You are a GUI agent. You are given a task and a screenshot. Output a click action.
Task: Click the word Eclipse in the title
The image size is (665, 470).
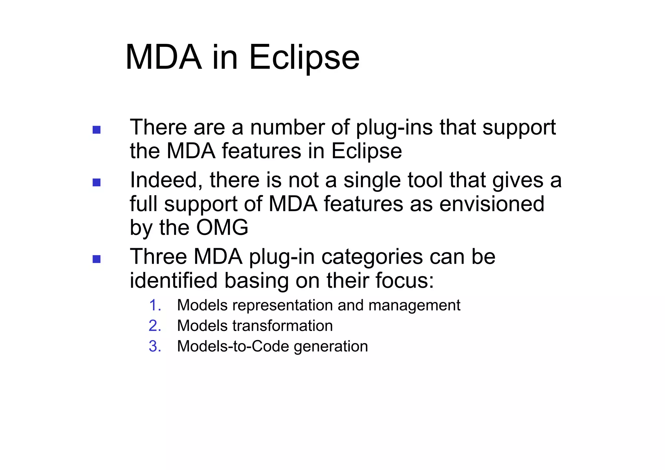pos(304,58)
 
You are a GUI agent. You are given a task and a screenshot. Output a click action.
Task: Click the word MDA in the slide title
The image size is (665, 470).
pos(163,58)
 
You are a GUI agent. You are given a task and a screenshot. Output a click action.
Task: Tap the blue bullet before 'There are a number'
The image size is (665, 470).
pos(96,130)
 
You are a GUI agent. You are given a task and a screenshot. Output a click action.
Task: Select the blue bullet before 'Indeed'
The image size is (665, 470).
pos(96,183)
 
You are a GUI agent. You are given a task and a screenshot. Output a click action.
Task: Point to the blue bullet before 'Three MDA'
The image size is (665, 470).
pos(96,259)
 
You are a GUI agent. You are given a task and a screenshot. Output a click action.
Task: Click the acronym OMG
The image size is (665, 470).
pos(222,227)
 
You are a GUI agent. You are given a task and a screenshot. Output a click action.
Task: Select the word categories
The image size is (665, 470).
pos(372,257)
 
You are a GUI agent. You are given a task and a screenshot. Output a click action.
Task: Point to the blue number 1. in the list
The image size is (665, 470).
pos(155,306)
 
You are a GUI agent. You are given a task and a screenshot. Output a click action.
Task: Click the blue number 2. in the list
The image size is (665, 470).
pos(155,326)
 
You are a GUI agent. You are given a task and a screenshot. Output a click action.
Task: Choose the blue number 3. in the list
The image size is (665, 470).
pos(155,346)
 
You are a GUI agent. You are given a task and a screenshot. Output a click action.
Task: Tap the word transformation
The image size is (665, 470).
pos(282,326)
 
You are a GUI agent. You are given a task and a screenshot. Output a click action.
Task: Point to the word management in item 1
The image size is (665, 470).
pos(414,306)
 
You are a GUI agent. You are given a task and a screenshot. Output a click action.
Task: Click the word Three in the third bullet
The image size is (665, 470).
pos(158,257)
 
